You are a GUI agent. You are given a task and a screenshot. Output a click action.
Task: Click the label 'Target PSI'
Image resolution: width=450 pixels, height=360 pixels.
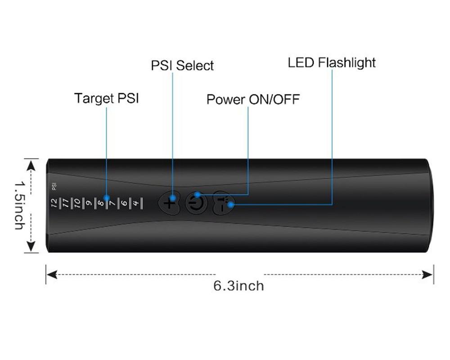tap(106, 98)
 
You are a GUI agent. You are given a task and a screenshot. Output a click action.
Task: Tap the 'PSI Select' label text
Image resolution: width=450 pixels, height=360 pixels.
tap(182, 66)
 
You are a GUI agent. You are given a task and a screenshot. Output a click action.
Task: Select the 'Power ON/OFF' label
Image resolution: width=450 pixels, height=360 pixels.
tap(252, 99)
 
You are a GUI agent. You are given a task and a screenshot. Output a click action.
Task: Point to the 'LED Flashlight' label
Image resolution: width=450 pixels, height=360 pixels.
tap(332, 63)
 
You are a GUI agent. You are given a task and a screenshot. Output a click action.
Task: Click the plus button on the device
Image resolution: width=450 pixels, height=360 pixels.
tap(169, 203)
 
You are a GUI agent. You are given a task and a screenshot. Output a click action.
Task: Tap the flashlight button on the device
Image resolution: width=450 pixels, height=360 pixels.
tap(224, 203)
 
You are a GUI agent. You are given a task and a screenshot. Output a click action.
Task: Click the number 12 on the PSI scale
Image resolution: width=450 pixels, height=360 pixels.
tap(54, 203)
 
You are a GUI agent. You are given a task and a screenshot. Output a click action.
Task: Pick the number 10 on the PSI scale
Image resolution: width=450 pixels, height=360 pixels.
tap(77, 203)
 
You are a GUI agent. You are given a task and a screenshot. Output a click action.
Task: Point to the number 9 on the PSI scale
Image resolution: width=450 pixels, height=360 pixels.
tap(89, 203)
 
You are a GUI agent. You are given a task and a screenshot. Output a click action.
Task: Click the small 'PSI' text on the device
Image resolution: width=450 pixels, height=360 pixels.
tap(54, 186)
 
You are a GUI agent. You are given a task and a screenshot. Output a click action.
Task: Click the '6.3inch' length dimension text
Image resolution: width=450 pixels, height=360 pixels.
tap(238, 286)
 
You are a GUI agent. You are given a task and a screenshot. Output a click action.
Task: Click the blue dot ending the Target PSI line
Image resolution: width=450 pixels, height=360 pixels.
tap(107, 198)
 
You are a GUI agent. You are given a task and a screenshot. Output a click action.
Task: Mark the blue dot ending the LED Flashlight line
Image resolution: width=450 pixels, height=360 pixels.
tap(230, 205)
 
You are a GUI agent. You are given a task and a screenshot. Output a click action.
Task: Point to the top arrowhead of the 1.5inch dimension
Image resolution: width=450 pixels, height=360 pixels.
tap(31, 165)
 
